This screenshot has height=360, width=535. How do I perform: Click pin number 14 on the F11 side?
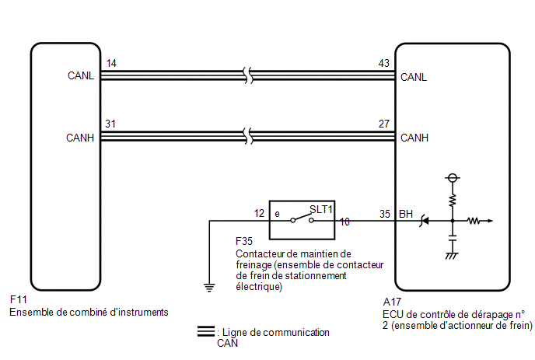tap(111, 63)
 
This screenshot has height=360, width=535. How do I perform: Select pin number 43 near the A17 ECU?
tap(384, 63)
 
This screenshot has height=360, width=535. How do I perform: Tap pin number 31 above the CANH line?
tap(110, 124)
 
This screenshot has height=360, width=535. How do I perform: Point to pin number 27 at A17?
tap(384, 124)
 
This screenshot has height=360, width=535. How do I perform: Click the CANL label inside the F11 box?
tap(81, 75)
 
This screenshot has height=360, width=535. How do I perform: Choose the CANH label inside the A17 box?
tap(414, 138)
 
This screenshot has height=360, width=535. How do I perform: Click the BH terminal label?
tap(406, 214)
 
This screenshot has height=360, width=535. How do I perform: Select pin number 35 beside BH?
tap(385, 214)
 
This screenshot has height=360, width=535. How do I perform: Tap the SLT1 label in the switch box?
tap(321, 209)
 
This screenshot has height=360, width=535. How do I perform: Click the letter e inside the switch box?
tap(277, 214)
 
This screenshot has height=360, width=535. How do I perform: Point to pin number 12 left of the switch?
tap(259, 213)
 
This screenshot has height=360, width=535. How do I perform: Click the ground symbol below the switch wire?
tap(209, 288)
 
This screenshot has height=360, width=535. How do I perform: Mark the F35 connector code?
tap(244, 241)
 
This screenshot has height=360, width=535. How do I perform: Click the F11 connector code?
tap(19, 299)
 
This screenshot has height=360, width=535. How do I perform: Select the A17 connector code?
tap(392, 302)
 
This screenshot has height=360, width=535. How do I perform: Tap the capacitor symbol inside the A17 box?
tap(453, 238)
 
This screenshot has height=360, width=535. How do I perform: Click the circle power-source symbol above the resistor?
tap(453, 178)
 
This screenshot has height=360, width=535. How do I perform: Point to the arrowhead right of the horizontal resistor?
tap(491, 221)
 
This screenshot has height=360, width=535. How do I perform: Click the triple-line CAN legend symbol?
tap(206, 331)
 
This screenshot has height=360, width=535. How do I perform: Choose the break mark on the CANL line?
tap(248, 75)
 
